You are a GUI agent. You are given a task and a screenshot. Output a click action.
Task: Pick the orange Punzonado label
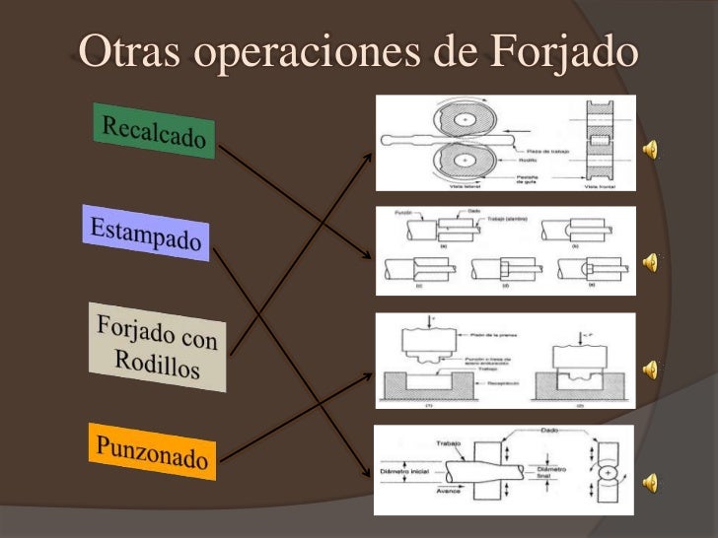(152, 452)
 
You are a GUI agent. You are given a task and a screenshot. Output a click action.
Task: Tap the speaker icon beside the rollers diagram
(650, 148)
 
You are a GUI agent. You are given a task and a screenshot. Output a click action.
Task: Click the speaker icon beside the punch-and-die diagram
(650, 261)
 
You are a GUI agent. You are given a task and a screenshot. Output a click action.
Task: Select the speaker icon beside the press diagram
(650, 369)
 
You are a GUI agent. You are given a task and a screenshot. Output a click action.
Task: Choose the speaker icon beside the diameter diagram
(650, 481)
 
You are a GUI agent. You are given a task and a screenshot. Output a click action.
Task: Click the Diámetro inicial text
(402, 470)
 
